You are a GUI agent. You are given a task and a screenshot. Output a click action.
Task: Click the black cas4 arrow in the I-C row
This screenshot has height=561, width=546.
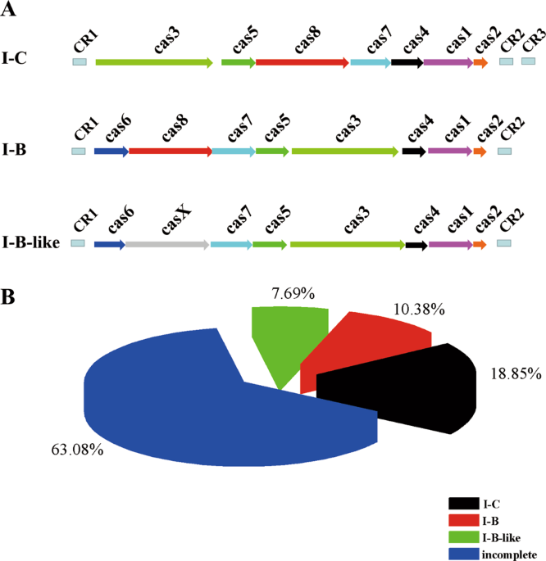point(407,61)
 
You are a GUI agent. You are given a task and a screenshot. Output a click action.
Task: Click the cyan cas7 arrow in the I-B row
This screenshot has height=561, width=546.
point(234,152)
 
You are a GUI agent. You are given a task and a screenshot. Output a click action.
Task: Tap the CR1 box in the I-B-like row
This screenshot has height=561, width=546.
point(78,243)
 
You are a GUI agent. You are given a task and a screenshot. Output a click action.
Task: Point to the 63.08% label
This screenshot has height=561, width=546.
point(74,449)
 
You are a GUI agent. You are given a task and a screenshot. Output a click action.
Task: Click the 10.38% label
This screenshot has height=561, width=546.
point(418,310)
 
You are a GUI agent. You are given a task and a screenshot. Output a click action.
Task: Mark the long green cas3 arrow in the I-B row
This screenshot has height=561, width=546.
point(345,152)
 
